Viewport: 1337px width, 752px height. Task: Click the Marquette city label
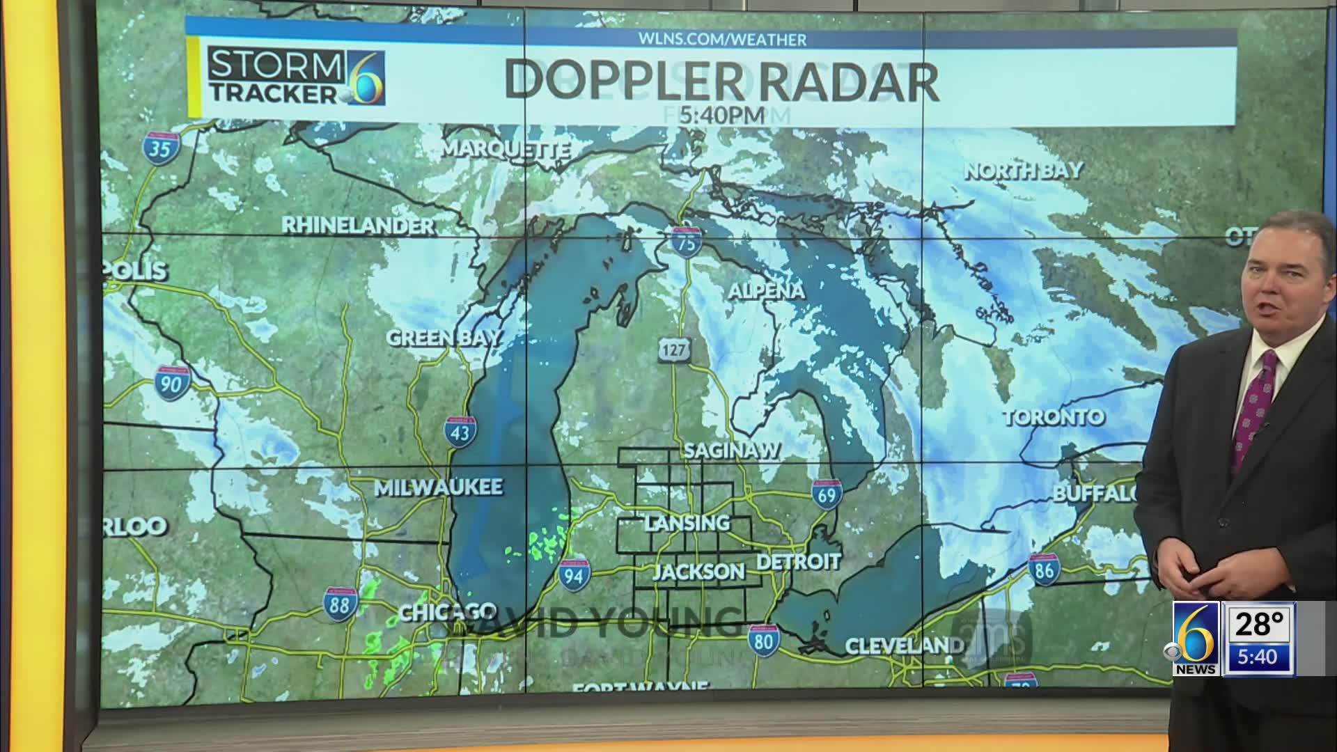tap(506, 150)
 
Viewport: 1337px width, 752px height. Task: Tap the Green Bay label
tap(444, 338)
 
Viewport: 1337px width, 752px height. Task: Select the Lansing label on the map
tap(687, 523)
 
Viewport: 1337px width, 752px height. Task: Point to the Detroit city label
tap(799, 561)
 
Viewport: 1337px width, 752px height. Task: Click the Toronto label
tap(1054, 418)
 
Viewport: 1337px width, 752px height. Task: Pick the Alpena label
tap(766, 291)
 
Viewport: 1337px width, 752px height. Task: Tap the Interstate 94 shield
tap(574, 575)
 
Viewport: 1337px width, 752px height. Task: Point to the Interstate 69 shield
tap(827, 495)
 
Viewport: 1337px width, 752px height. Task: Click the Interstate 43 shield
tap(461, 432)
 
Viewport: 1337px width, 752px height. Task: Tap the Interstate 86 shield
tap(1043, 570)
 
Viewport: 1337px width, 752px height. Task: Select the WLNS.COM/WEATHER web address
tap(722, 40)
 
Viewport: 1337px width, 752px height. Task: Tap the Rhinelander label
tap(358, 226)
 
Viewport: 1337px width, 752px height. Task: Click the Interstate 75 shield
tap(686, 241)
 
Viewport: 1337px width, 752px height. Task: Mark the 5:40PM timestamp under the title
tap(722, 115)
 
